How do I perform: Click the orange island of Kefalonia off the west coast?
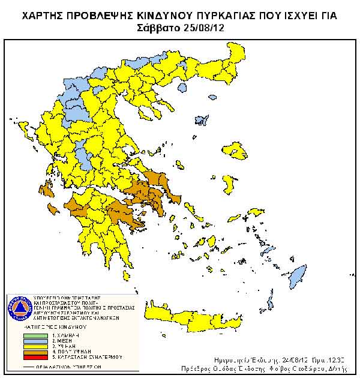coord(53,208)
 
